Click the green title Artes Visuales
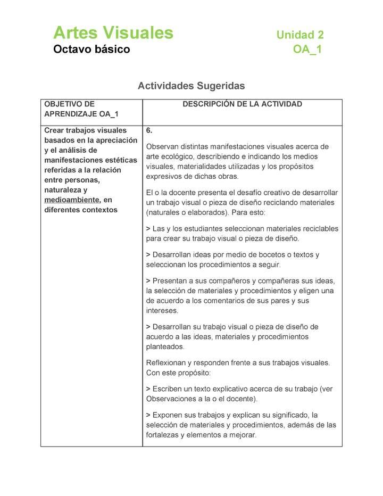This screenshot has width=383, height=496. [x=113, y=33]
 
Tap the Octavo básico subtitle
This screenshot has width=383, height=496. [x=91, y=49]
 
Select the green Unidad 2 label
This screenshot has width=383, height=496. [x=300, y=35]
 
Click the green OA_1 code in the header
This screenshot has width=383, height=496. [x=307, y=50]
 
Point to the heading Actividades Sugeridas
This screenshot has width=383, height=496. [x=191, y=86]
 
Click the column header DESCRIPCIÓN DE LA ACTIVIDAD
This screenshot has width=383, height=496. [x=242, y=104]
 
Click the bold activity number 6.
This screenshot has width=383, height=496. [x=149, y=130]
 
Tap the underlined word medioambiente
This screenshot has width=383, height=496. [x=72, y=200]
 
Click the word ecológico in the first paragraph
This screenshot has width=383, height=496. [x=181, y=156]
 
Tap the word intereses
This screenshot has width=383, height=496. [x=162, y=311]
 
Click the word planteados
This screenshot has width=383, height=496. [x=165, y=347]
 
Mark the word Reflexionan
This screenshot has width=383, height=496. [x=165, y=363]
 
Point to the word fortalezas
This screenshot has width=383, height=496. [x=163, y=435]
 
